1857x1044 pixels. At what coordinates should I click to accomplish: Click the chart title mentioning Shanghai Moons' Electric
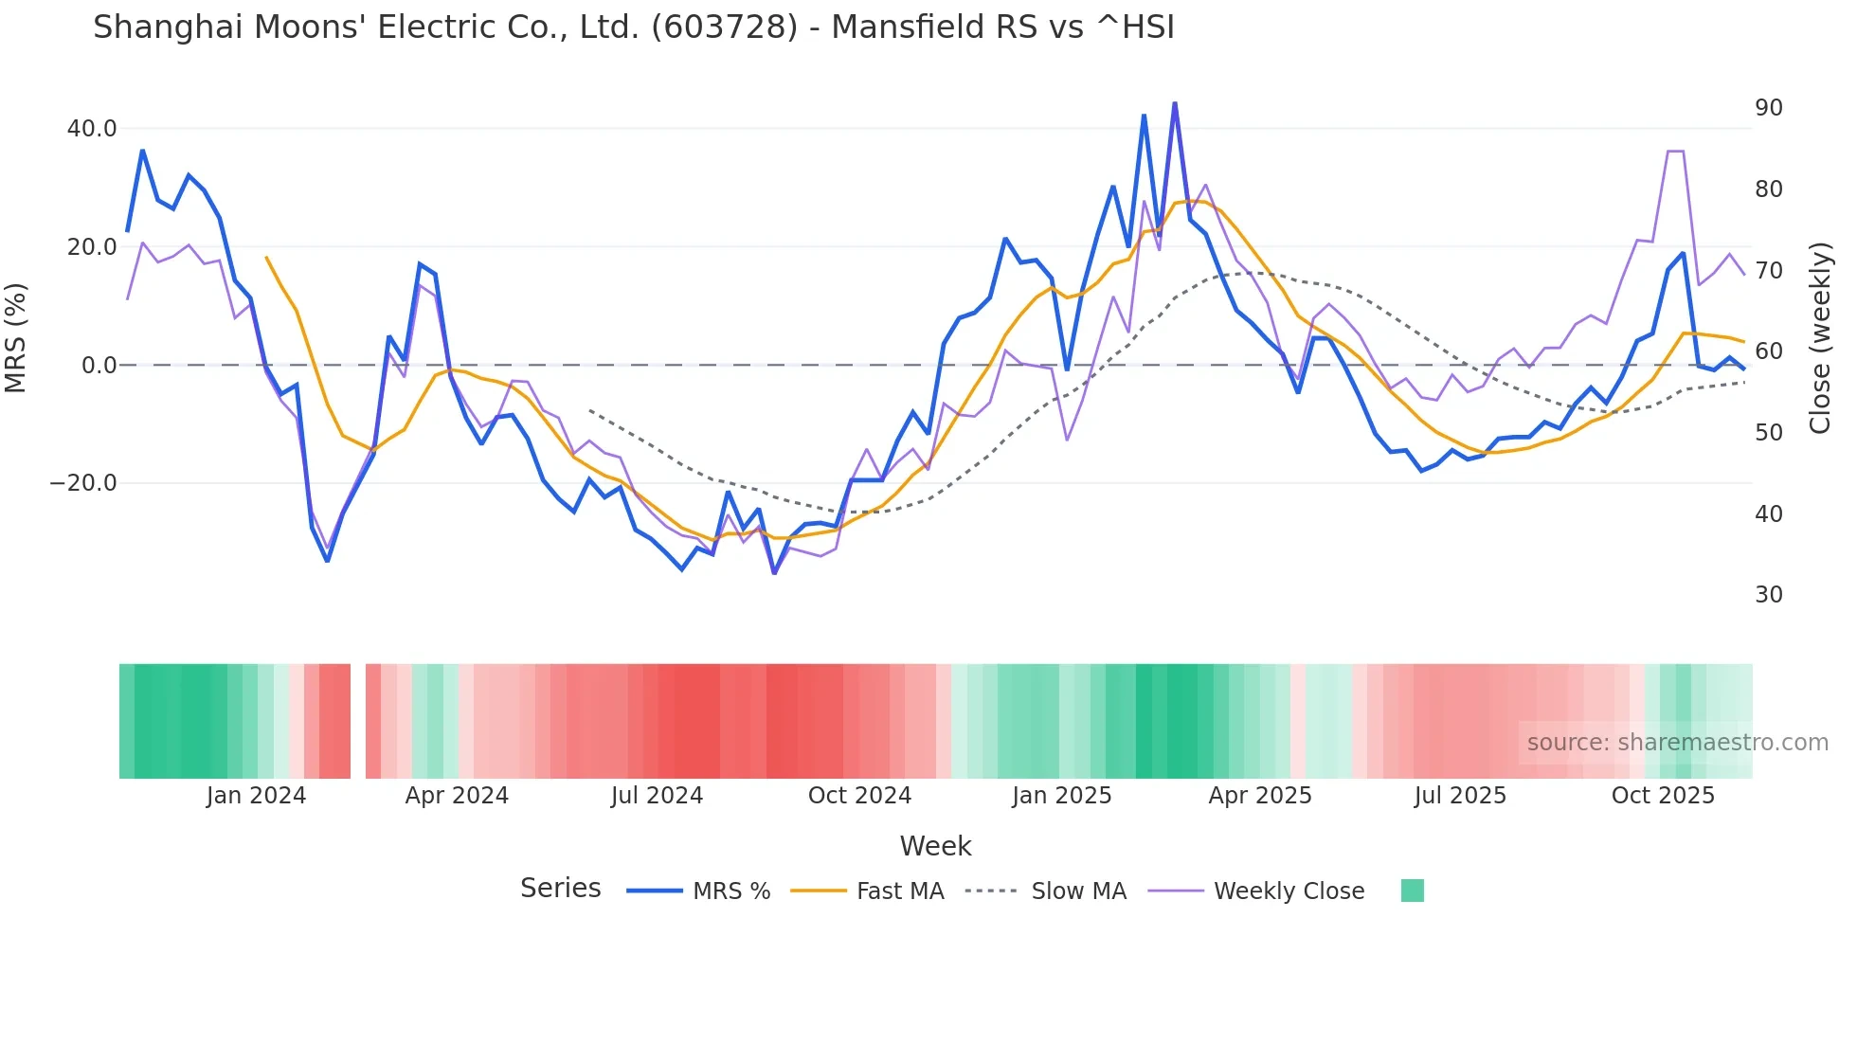tap(633, 27)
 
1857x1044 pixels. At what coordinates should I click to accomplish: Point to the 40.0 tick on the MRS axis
tap(92, 129)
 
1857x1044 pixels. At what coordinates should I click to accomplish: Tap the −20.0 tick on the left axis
tap(83, 483)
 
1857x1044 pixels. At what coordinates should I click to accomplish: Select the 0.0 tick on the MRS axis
tap(99, 366)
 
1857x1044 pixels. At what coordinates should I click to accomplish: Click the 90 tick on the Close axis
tap(1768, 108)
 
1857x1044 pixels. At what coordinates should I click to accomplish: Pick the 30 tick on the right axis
tap(1768, 595)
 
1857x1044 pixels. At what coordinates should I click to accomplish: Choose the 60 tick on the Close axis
tap(1768, 351)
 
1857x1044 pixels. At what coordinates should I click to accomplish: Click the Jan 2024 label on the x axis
tap(256, 796)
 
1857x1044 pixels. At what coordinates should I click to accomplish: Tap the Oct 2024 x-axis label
tap(859, 796)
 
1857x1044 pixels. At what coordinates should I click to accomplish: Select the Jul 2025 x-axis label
tap(1460, 796)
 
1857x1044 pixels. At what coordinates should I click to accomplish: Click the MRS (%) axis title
tap(16, 337)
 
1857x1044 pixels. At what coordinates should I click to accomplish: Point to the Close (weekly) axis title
tap(1819, 337)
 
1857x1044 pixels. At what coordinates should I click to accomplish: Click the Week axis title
tap(935, 846)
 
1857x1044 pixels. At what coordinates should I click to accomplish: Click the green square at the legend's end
tap(1412, 891)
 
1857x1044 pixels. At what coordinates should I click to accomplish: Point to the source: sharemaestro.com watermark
tap(1677, 743)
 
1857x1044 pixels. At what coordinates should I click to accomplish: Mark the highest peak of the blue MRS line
tap(1175, 103)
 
